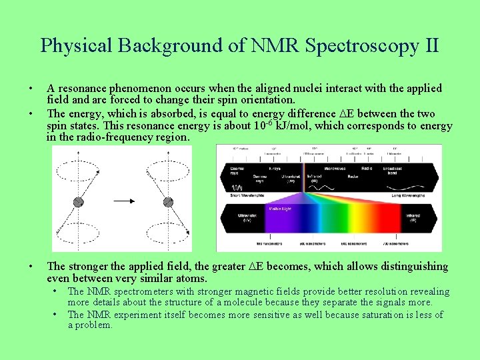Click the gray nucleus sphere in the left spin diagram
coord(78,201)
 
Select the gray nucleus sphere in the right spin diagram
coord(168,202)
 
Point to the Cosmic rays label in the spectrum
coord(233,170)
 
